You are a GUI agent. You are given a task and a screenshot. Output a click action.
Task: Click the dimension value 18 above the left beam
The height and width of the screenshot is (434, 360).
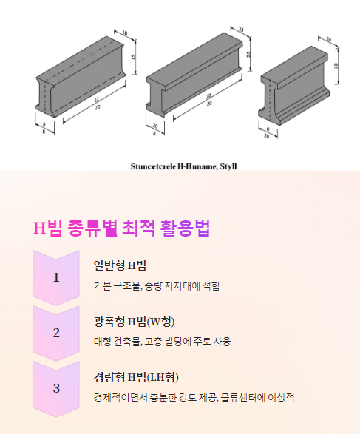tap(125, 33)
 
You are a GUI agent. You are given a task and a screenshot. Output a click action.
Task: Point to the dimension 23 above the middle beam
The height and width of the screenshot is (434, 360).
tap(241, 30)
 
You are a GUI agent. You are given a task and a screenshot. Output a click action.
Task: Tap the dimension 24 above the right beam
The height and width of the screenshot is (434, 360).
tap(328, 39)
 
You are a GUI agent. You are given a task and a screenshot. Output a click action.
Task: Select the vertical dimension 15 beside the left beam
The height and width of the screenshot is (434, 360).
tap(133, 57)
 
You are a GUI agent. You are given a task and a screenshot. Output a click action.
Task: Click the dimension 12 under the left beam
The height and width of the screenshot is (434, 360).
tap(97, 100)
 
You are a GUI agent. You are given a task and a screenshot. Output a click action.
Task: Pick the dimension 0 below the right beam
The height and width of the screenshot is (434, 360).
tap(268, 129)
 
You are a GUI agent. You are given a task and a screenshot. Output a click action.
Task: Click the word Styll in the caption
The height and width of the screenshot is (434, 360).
tap(228, 166)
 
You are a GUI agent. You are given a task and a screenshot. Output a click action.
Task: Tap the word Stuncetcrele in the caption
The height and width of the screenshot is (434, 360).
tap(153, 166)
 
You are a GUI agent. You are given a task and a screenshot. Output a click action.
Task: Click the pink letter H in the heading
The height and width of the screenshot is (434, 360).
tap(39, 228)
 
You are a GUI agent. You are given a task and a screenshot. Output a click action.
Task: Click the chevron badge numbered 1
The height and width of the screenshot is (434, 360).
tap(56, 277)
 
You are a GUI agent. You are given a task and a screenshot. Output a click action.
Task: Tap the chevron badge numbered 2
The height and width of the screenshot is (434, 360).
tap(56, 333)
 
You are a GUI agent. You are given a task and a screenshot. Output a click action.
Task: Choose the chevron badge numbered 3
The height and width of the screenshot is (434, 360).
tap(56, 388)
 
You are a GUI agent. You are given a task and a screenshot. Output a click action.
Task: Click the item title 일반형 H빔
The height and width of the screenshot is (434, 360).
tap(120, 265)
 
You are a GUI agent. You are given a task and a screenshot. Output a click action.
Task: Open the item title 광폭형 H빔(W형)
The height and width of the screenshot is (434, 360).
tap(135, 322)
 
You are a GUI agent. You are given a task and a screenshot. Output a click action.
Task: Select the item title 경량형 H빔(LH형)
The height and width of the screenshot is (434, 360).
tap(136, 377)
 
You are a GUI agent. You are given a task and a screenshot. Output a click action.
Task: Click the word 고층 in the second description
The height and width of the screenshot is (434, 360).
tap(154, 342)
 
